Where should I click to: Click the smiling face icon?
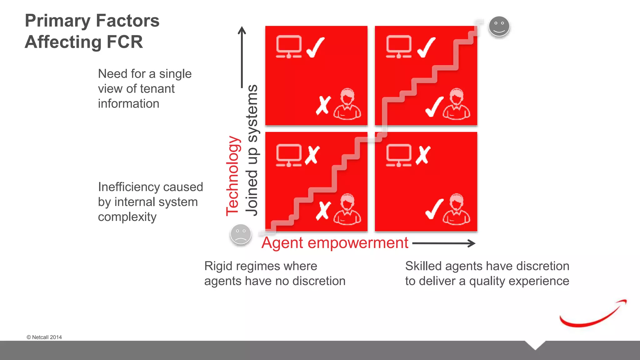coord(499,26)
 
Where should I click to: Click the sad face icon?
coord(241,234)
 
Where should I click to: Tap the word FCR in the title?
coord(124,42)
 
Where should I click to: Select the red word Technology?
coord(233,176)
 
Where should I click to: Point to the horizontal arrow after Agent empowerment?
coord(444,243)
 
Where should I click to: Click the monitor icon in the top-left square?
coord(289,47)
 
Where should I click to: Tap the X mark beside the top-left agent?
coord(323,105)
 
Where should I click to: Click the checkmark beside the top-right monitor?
coord(427,47)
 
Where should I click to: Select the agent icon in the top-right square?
coord(456,104)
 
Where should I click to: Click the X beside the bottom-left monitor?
coord(312,155)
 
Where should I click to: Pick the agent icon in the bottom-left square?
coord(347,209)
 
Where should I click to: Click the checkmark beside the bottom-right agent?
coord(434,209)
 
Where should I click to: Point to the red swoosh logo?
coord(592,315)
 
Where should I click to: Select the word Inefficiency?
coord(129,187)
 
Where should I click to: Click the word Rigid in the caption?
coord(218,266)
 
